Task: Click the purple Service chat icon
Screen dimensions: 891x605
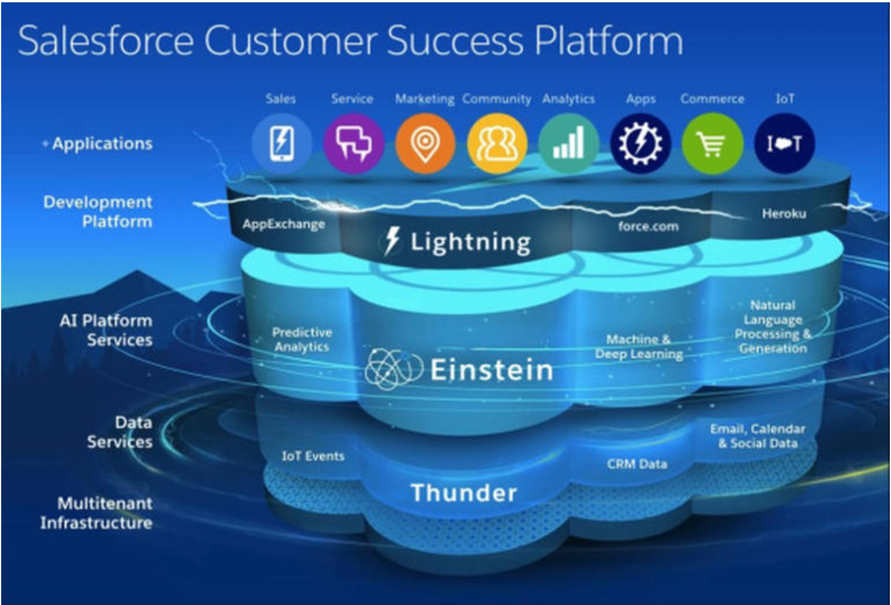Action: coord(354,144)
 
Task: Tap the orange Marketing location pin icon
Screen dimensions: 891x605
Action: coord(425,144)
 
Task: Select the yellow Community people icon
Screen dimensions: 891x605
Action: coord(497,144)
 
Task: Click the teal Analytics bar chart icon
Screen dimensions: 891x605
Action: coord(569,144)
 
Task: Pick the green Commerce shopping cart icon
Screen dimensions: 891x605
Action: coord(713,144)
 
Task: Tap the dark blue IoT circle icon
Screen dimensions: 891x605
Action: coord(784,144)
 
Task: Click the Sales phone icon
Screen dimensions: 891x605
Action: coord(282,144)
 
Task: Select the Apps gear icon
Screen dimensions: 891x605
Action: coord(641,144)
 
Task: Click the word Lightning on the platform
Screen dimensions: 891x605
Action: coord(470,242)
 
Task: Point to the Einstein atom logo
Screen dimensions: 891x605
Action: coord(394,368)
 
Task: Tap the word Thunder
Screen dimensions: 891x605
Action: coord(464,493)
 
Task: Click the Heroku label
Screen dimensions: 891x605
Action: coord(784,214)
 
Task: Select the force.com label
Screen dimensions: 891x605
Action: coord(649,226)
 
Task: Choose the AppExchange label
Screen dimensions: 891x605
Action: coord(283,225)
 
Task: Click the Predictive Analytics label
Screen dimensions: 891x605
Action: coord(302,339)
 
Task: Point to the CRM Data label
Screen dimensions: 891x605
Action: coord(637,464)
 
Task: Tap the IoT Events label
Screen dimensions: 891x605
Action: coord(313,456)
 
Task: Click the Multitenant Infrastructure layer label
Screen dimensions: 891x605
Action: coord(96,513)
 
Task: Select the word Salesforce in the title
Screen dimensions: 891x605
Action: coord(106,41)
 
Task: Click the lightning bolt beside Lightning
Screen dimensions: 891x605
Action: coord(392,241)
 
